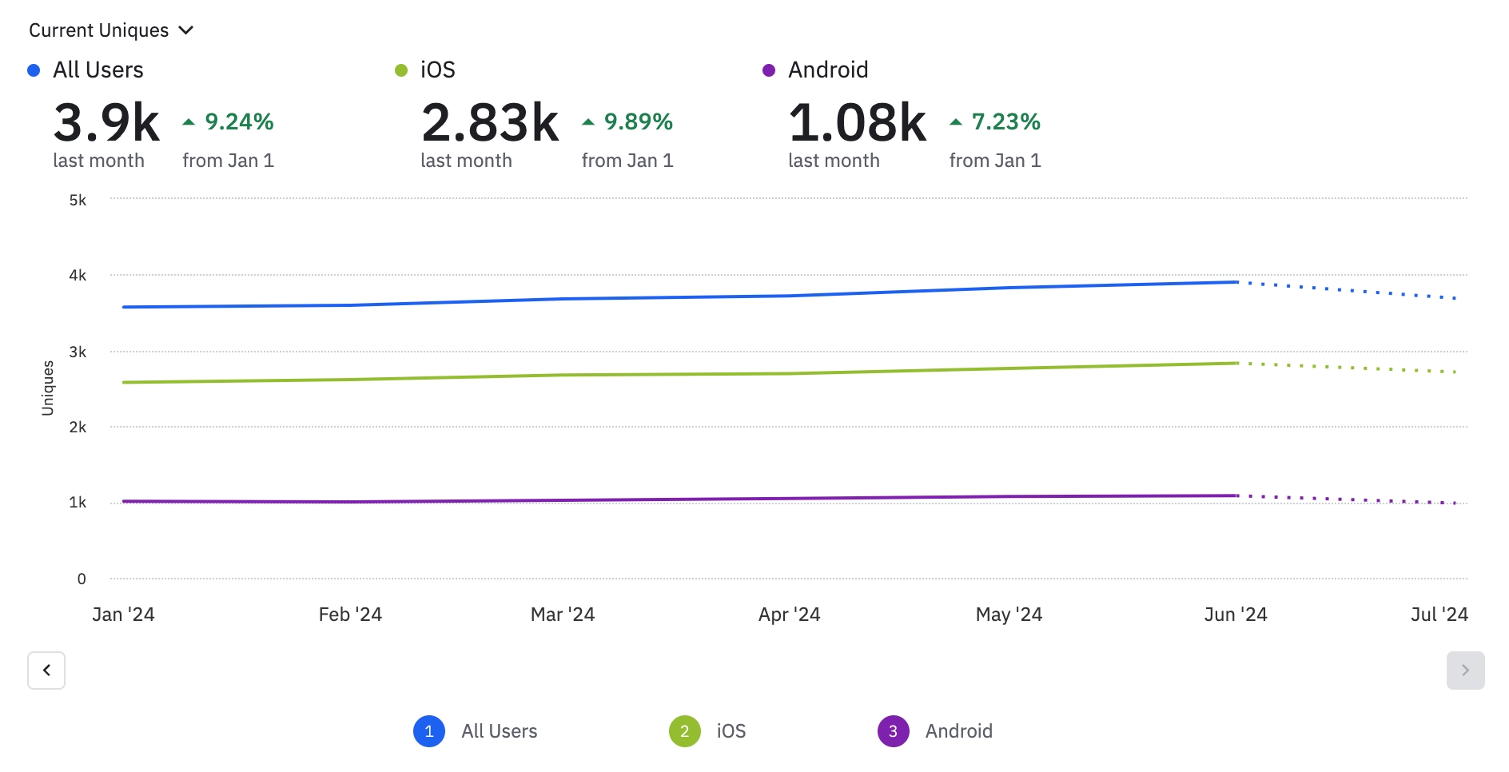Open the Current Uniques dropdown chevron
[x=186, y=30]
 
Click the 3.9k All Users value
[x=106, y=122]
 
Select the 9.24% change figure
[x=239, y=121]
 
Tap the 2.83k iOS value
[x=490, y=122]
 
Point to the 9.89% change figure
[x=638, y=121]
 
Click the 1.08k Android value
[x=857, y=122]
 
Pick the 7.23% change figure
[x=1005, y=121]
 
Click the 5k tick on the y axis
[x=78, y=200]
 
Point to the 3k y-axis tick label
[x=78, y=352]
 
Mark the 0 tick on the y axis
[x=82, y=579]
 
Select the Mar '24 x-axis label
[x=563, y=614]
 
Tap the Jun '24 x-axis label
[x=1236, y=614]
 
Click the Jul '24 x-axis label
[x=1439, y=614]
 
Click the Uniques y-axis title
[x=48, y=388]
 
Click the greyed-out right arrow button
[x=1465, y=670]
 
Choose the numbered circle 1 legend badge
[x=429, y=730]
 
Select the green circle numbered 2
[x=685, y=730]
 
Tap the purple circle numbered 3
[x=893, y=730]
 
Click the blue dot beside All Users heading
[x=34, y=70]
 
